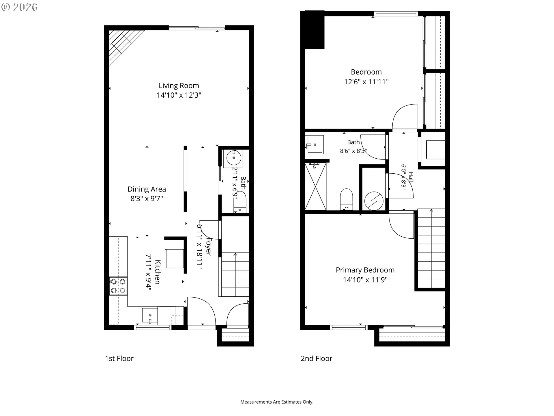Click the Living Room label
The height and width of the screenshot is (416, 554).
coord(179,86)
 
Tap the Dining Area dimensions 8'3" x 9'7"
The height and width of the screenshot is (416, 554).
coord(147,198)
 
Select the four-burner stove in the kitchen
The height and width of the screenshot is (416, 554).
coord(118,286)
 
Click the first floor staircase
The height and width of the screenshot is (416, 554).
coord(235,274)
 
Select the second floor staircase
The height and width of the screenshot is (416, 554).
coord(431,248)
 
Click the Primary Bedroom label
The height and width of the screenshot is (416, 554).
coord(365,270)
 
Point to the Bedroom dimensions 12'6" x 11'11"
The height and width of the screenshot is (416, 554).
coord(366,82)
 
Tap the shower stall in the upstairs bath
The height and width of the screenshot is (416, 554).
coord(316,187)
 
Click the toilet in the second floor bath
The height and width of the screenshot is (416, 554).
coord(347,199)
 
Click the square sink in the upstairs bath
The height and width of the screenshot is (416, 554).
coord(315,144)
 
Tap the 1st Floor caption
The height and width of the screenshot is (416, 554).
coord(119,359)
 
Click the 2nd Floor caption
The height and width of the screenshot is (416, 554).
coord(317,359)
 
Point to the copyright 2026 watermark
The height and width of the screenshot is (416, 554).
coord(19,7)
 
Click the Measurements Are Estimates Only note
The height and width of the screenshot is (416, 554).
coord(277,402)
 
